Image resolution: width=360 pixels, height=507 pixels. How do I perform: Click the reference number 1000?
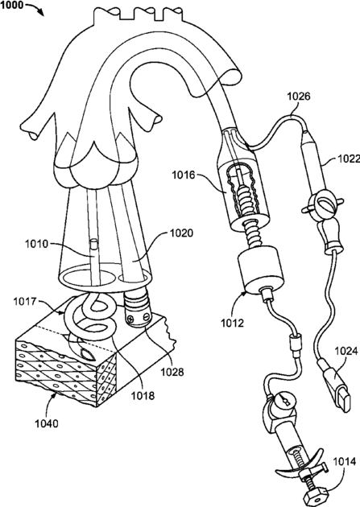coord(11,5)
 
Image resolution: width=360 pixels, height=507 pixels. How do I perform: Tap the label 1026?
coord(299,97)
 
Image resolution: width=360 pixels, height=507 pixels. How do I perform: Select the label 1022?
coord(349,159)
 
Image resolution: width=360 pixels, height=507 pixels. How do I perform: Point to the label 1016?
coord(184,175)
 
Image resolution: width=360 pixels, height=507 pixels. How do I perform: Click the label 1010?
coord(36,244)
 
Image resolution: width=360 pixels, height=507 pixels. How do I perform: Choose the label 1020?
coord(181,233)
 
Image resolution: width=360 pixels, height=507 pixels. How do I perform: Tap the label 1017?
coord(25,302)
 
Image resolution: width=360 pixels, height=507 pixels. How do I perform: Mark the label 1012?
coord(232,323)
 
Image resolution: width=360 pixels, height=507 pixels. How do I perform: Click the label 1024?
coord(346,351)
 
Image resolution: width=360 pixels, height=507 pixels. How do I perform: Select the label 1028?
coord(172,372)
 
